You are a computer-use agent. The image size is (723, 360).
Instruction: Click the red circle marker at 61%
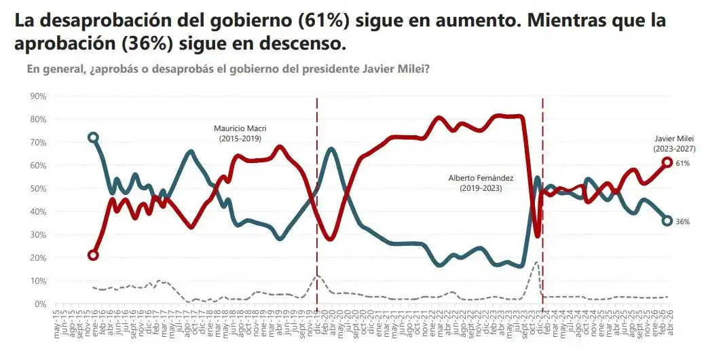[x=667, y=162]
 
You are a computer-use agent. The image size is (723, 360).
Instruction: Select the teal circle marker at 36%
[x=667, y=221]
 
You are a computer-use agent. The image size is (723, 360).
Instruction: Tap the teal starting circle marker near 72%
[x=93, y=137]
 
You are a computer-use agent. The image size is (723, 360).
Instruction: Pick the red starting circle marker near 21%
[x=93, y=255]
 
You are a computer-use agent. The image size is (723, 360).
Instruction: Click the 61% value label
[x=683, y=164]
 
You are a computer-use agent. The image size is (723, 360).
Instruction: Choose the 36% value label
[x=683, y=222]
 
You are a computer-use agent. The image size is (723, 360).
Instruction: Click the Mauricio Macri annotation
[x=238, y=133]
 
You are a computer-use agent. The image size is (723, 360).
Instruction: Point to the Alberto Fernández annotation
[x=481, y=183]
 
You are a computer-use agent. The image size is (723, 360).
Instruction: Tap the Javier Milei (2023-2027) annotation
[x=674, y=143]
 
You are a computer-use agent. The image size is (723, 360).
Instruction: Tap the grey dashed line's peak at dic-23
[x=536, y=262]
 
